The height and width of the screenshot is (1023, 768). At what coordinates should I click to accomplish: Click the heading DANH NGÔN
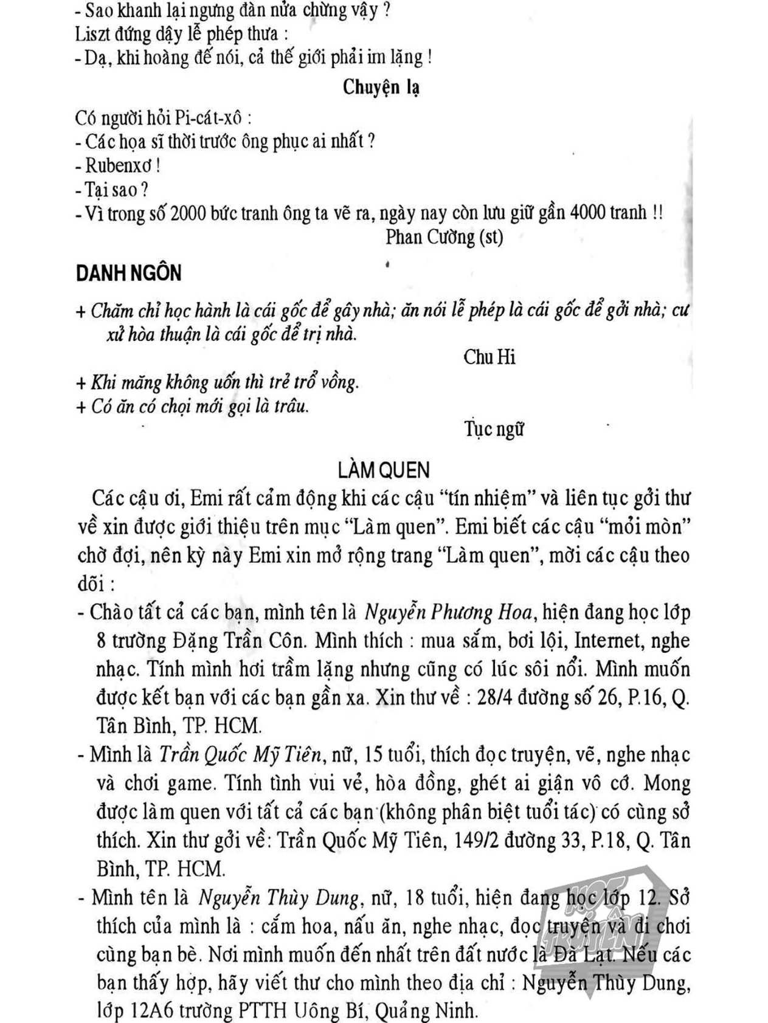(128, 274)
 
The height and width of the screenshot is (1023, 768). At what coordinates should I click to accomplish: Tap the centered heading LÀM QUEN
(384, 470)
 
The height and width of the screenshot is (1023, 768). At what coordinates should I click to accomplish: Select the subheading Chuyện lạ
(381, 88)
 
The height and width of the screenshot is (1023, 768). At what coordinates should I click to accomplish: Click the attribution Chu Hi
(489, 357)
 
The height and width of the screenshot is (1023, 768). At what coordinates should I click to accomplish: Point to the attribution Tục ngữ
(494, 429)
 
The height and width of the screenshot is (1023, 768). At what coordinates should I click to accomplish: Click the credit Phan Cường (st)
(445, 236)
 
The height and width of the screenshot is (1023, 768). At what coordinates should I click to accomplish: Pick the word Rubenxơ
(119, 165)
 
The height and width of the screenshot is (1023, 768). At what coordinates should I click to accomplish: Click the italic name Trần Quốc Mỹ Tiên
(240, 755)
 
